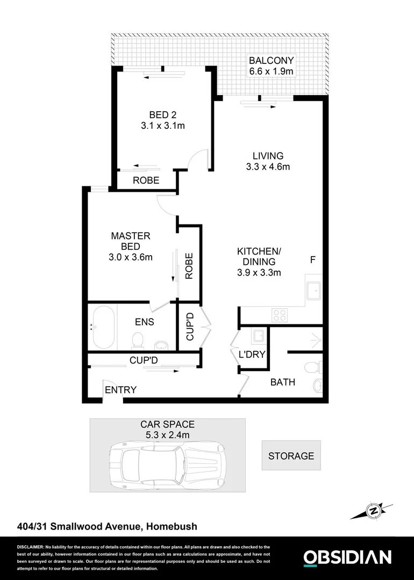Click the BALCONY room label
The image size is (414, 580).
point(272,61)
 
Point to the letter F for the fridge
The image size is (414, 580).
point(312,260)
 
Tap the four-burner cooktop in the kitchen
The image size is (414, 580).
point(280,314)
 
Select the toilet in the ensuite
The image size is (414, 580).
point(138,339)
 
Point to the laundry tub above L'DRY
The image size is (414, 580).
point(258,337)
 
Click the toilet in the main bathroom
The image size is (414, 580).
point(312,367)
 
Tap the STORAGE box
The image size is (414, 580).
point(291,456)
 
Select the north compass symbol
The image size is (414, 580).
point(372,509)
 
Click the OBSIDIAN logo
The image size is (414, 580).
point(347,557)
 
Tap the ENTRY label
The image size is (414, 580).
point(120,390)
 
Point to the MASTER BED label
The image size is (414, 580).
point(131,241)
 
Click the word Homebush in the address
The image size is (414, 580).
point(172,527)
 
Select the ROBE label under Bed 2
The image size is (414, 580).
point(146,180)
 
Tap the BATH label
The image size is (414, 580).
point(282,382)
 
